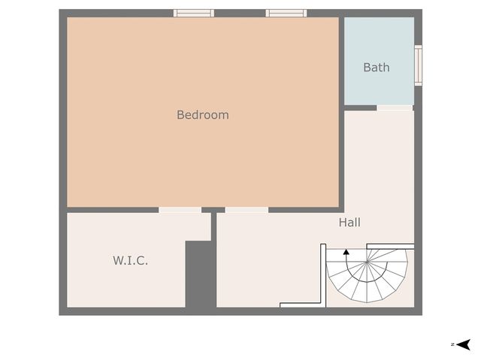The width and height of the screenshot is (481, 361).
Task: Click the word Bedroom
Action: (202, 115)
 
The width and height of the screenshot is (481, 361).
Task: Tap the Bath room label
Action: (377, 68)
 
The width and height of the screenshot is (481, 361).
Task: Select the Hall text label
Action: (349, 223)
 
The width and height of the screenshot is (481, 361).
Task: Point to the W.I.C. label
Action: (130, 260)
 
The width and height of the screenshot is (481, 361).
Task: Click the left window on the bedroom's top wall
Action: (194, 13)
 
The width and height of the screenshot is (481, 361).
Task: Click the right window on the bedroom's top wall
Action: (286, 13)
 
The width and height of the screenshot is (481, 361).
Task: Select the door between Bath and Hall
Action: (395, 108)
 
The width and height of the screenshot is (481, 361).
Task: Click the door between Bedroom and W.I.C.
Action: (180, 210)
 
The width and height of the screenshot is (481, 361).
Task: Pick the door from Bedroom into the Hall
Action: (247, 210)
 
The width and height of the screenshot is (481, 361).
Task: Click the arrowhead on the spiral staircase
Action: (346, 253)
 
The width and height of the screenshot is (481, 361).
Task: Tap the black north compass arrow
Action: (464, 344)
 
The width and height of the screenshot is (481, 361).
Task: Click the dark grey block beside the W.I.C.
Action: (200, 275)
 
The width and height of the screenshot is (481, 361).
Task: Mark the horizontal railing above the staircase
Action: (389, 246)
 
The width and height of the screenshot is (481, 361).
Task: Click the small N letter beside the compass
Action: (452, 344)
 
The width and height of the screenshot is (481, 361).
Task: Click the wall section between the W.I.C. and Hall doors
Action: (213, 210)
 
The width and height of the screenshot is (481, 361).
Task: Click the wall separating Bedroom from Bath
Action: (341, 60)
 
